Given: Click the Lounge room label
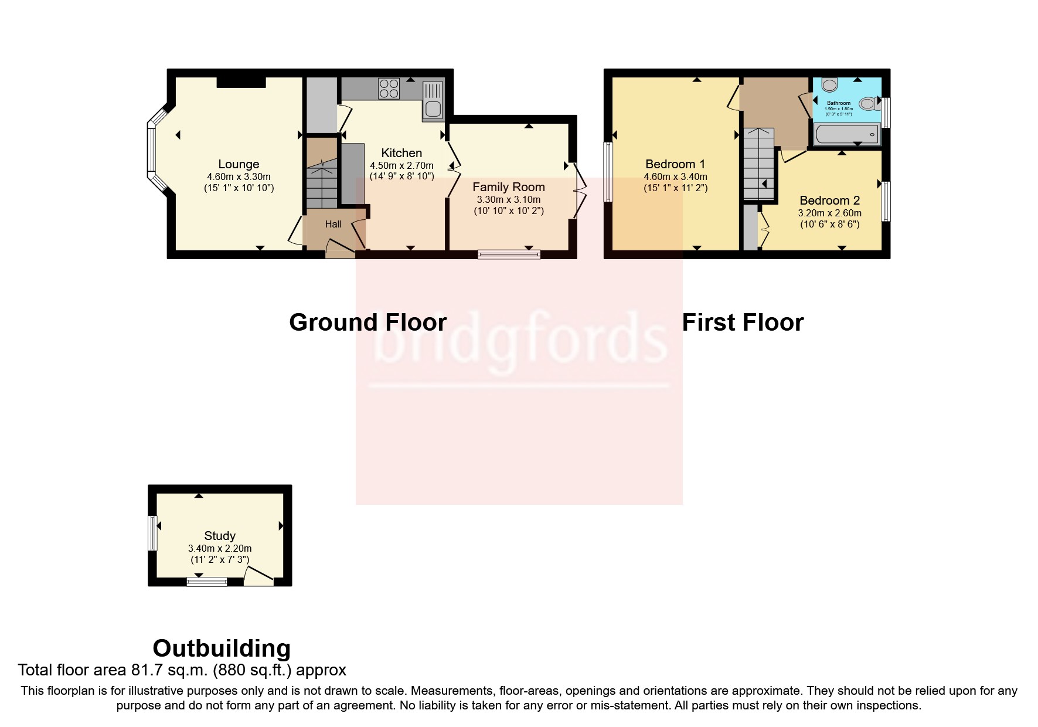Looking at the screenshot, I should click(x=239, y=164).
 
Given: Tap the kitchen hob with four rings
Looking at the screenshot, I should click(x=389, y=89).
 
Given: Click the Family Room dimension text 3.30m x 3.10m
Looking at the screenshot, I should click(x=508, y=199).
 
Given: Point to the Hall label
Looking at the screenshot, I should click(x=333, y=224).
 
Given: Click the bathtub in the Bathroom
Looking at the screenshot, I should click(x=846, y=135).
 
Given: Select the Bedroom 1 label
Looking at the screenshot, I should click(x=675, y=164).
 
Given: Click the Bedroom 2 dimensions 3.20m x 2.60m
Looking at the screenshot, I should click(x=829, y=213).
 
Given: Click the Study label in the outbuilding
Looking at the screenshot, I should click(x=220, y=535).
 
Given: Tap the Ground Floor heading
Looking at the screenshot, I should click(x=367, y=322).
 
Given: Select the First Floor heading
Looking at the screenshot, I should click(x=743, y=322).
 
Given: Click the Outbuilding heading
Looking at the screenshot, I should click(x=222, y=648).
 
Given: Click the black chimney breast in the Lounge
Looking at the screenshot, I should click(x=241, y=82).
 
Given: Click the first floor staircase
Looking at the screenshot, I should click(x=759, y=164).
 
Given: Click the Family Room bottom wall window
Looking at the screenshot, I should click(x=509, y=254).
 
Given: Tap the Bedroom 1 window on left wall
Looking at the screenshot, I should click(x=608, y=172).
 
